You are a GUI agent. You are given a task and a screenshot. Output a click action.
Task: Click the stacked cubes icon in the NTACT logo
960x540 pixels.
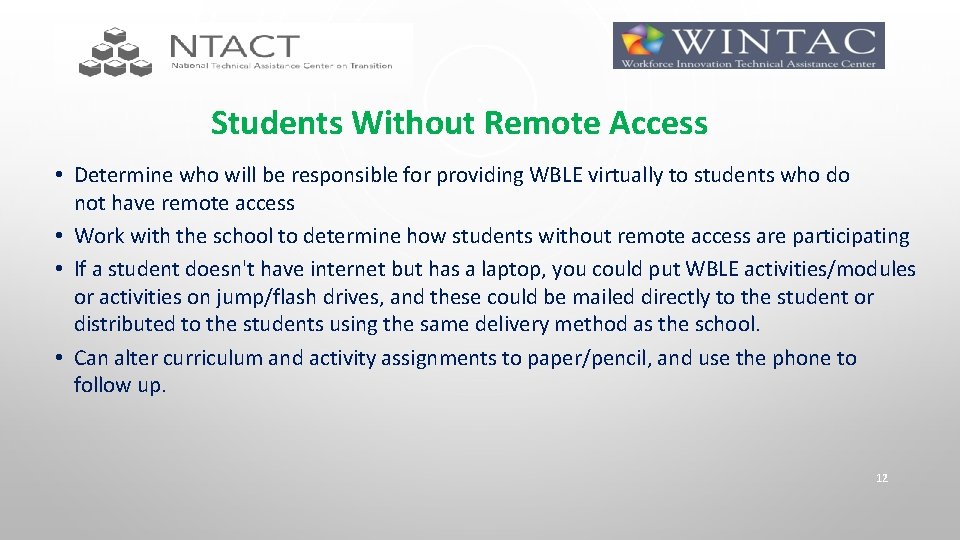pos(115,52)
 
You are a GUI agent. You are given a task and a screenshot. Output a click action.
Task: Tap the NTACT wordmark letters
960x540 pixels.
pos(234,46)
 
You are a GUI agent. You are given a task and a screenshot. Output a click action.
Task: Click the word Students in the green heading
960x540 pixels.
pos(277,124)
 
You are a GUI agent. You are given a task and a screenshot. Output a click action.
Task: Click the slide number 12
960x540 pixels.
pos(881,479)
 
